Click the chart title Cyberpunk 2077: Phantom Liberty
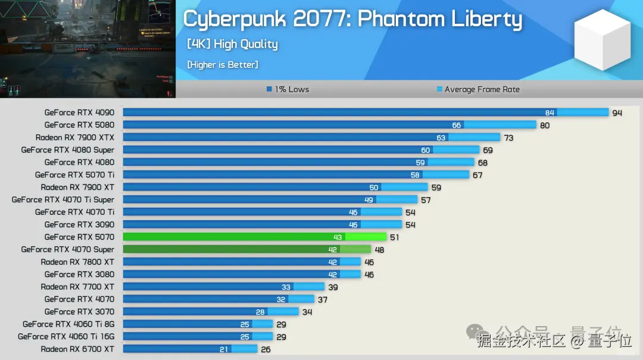click(352, 19)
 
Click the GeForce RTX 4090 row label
click(79, 112)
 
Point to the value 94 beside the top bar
click(617, 113)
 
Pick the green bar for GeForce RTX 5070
click(254, 237)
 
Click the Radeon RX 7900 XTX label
click(75, 137)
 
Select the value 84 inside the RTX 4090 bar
click(550, 113)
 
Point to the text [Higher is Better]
click(223, 64)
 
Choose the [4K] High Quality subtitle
click(232, 44)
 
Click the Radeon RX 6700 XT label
click(77, 349)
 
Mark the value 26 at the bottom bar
click(265, 349)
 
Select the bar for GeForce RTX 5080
click(329, 125)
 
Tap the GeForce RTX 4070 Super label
click(68, 249)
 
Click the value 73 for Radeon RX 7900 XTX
click(508, 138)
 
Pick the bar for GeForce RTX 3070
click(211, 312)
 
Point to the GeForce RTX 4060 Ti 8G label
click(68, 324)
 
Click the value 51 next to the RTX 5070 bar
click(394, 237)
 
